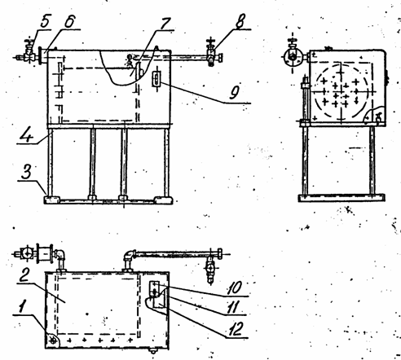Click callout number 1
[x=21, y=305]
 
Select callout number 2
[x=24, y=275]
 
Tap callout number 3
[x=26, y=171]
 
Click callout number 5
[x=46, y=21]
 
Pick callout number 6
[x=69, y=21]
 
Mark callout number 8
[x=240, y=20]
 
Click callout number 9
[x=234, y=93]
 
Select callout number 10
[x=235, y=288]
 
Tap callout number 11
[x=233, y=308]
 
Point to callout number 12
[x=235, y=329]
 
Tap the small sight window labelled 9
[x=156, y=79]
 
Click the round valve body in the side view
[x=293, y=58]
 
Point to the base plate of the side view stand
[x=342, y=198]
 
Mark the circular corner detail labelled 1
[x=53, y=340]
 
